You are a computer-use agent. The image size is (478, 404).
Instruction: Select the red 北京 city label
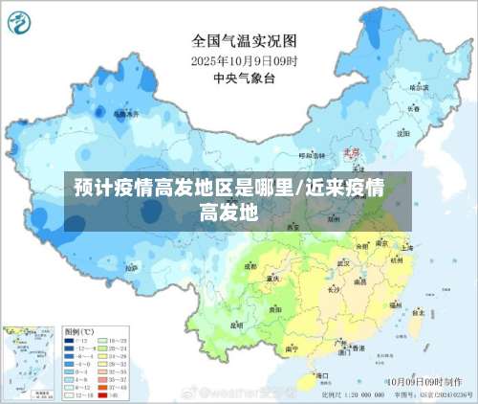click(351, 151)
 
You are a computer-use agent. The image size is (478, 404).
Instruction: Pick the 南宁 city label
click(293, 347)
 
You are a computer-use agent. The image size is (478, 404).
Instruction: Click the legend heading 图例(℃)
click(78, 330)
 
